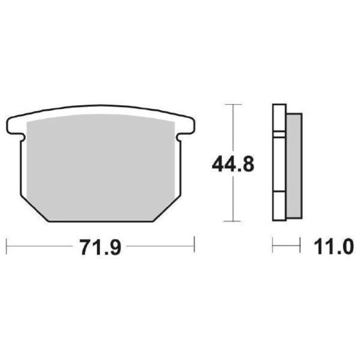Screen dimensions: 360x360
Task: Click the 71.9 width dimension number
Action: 100,247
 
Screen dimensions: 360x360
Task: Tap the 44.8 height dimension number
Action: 233,165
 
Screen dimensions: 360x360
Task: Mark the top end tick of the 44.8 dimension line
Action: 233,104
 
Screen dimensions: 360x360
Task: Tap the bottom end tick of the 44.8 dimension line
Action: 233,221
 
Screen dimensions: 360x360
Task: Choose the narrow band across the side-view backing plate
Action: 279,134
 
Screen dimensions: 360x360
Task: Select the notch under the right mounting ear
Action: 179,136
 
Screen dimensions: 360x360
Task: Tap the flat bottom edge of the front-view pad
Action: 100,221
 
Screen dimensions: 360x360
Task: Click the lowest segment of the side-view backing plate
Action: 279,207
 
